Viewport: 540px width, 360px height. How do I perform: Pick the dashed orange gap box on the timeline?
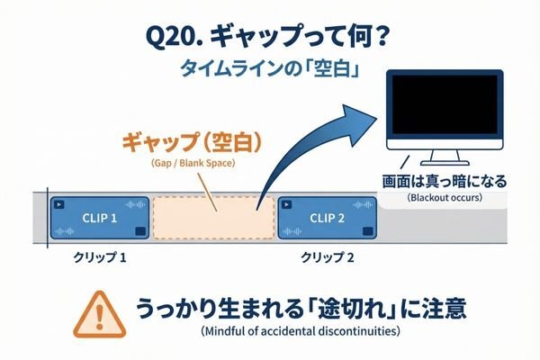[213, 217]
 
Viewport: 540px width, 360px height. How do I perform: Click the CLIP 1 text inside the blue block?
[102, 218]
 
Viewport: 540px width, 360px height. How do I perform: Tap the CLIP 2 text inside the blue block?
[328, 218]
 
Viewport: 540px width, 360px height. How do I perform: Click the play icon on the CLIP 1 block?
[59, 203]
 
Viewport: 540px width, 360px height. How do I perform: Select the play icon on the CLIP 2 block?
[286, 203]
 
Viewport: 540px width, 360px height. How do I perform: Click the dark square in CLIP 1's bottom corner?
[139, 232]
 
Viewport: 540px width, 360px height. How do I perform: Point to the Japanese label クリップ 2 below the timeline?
[327, 256]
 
